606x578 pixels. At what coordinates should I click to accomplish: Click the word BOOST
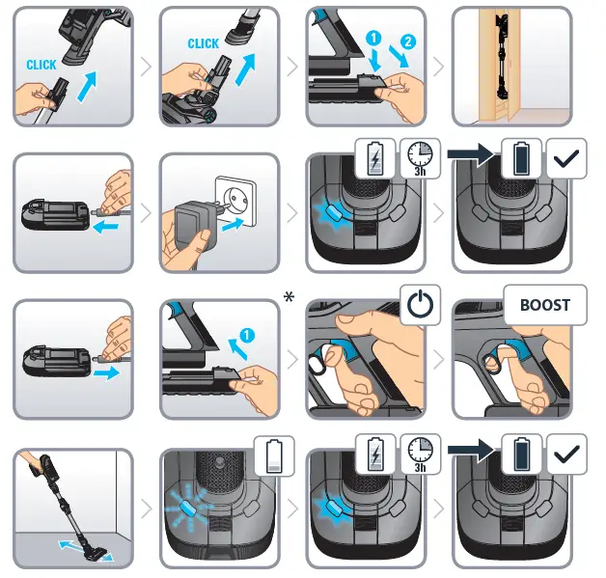545,305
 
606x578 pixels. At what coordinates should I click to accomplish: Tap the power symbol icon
421,305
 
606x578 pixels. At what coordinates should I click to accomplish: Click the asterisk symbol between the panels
289,297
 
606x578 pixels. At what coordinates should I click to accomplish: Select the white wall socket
235,201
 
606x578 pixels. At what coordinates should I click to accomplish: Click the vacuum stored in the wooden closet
503,57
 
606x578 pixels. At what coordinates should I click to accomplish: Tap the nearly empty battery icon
274,456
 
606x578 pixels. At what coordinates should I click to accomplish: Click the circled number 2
408,41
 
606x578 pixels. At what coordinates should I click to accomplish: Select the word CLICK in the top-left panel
41,65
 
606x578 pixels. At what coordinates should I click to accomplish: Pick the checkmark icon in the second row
566,158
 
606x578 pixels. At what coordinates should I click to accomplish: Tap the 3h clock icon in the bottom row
421,454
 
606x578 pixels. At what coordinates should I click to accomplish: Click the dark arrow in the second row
471,153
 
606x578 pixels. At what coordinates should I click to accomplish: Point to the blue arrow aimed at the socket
233,225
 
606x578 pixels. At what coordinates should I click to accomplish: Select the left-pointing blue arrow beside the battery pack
106,227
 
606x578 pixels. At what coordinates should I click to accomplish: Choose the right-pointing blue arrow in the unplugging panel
106,372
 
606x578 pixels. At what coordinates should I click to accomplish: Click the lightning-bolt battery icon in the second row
375,158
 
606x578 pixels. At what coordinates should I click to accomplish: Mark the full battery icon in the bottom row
522,454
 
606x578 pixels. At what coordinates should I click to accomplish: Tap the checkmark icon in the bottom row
566,454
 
